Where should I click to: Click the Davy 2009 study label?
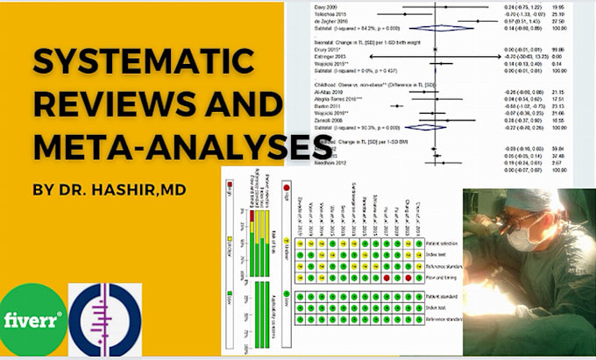[x=327, y=6]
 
